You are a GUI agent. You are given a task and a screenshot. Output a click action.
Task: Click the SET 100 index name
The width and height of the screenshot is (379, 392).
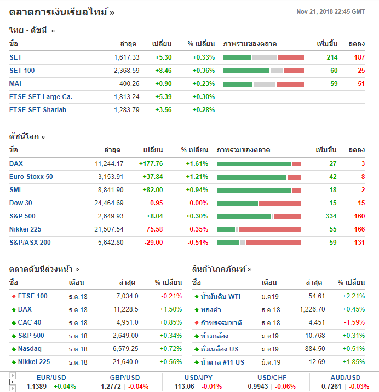coord(22,70)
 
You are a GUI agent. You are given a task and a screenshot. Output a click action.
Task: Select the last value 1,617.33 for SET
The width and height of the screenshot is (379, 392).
coord(127,57)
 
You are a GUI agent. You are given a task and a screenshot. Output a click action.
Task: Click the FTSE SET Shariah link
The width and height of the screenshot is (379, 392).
coord(38,109)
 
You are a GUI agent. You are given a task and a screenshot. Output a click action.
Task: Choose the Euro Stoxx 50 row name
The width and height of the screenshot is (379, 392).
coord(31,176)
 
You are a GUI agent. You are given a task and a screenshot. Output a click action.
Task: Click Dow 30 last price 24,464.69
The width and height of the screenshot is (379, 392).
coord(109,203)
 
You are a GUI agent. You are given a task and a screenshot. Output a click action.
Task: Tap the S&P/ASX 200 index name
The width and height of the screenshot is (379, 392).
coord(30,242)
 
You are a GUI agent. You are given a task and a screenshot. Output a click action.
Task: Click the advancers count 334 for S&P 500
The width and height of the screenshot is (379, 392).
coord(331,216)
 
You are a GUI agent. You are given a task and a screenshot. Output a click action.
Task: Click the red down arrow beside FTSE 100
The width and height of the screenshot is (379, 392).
coord(14,296)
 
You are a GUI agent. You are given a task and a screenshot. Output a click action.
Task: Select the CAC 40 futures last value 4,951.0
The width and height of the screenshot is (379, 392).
coord(127,322)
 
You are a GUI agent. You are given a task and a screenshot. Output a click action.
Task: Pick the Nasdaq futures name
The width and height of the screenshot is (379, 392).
coord(30,348)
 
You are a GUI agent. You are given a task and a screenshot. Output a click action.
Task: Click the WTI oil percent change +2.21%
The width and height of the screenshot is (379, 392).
coord(353,296)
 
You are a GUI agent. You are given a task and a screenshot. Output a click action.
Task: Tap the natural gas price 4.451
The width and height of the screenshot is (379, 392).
coord(315,322)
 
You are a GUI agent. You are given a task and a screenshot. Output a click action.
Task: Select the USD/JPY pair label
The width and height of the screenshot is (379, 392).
coord(199,378)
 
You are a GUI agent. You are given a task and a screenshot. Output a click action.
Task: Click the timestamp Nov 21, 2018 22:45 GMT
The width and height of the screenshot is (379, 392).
coord(330,11)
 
